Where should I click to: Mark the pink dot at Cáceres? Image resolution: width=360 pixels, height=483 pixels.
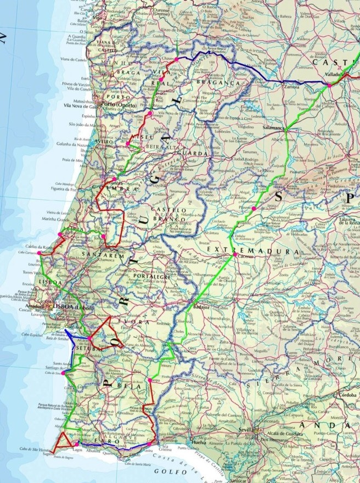[x=235, y=255]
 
